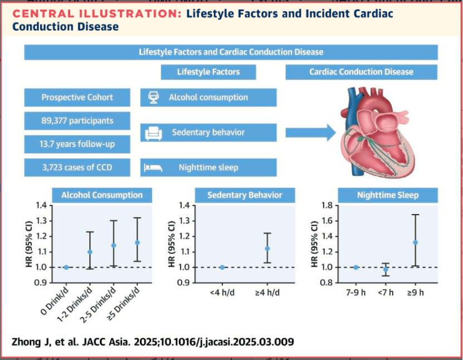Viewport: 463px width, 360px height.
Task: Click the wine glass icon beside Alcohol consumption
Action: point(153,98)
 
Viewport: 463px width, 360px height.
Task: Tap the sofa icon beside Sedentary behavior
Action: point(153,133)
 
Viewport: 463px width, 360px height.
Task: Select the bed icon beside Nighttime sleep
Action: point(153,167)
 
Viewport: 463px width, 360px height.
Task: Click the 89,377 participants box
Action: point(77,121)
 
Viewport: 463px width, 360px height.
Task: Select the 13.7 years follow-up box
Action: point(77,144)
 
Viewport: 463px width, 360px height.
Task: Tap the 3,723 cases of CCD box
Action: point(77,167)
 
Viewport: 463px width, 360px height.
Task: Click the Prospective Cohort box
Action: point(77,98)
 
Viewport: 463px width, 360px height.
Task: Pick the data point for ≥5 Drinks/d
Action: point(137,242)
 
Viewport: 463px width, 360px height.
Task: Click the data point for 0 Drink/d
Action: point(66,267)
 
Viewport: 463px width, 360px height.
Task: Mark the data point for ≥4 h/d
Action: point(267,249)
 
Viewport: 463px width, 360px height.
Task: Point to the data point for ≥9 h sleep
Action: point(415,242)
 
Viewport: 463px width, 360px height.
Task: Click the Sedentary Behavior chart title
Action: point(245,195)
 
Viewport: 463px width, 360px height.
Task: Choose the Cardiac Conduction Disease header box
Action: point(361,72)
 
